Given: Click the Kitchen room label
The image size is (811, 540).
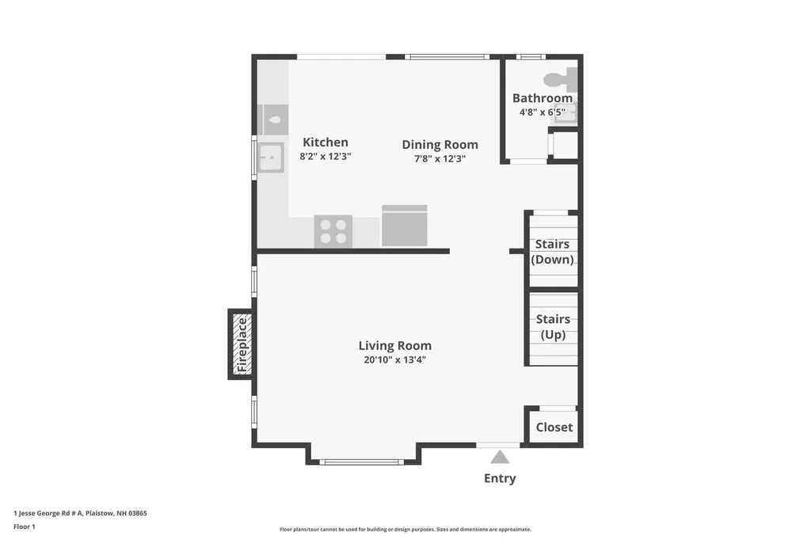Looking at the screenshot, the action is click(x=326, y=143).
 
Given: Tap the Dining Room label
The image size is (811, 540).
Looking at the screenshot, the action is click(x=440, y=145).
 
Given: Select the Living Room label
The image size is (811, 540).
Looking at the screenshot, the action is click(x=395, y=345).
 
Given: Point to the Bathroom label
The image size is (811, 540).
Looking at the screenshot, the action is click(x=543, y=98).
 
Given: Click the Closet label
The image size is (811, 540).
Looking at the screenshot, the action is click(x=554, y=428).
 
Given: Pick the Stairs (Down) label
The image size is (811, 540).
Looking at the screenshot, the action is click(x=552, y=252).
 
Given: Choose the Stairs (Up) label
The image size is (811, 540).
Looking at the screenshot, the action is click(x=553, y=327).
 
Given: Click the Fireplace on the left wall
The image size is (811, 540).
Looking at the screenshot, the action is click(x=241, y=344).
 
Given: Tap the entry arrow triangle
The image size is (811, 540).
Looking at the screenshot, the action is click(x=500, y=457).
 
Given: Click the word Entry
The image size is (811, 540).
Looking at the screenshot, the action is click(x=500, y=478).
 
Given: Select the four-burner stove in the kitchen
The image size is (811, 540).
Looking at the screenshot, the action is click(x=333, y=231).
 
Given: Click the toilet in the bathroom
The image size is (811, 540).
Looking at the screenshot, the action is click(x=560, y=80).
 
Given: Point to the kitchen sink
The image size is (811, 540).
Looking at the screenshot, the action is click(x=271, y=158).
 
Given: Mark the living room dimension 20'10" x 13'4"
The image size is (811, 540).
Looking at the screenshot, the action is click(x=394, y=360).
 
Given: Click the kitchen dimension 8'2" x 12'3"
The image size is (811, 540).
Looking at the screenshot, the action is click(x=326, y=156).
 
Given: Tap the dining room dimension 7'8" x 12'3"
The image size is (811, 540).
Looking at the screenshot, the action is click(x=440, y=159).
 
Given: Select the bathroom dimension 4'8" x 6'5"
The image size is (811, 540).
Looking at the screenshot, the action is click(x=543, y=112).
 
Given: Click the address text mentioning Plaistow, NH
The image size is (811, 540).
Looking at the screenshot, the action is click(x=80, y=513).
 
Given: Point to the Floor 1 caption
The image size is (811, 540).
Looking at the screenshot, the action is click(x=25, y=527).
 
